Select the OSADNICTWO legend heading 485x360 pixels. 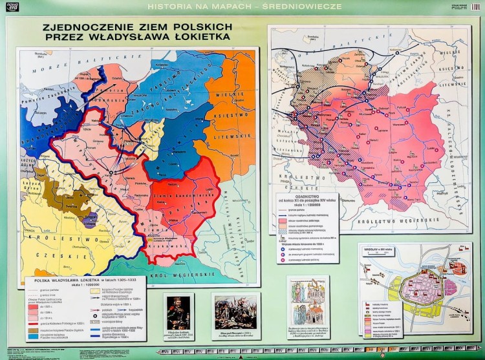coord(297,200)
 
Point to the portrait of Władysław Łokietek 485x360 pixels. coord(178,313)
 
